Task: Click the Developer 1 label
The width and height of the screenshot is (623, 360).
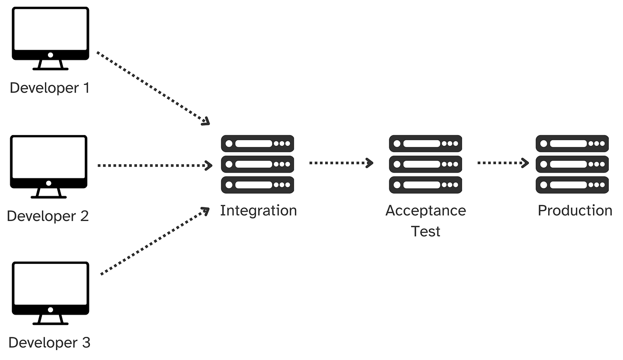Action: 50,88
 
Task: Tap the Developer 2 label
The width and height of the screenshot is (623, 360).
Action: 48,216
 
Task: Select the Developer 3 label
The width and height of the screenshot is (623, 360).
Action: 50,343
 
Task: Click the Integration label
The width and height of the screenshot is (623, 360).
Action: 258,211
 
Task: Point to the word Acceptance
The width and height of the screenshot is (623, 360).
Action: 425,211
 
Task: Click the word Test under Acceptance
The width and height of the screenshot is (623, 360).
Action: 425,232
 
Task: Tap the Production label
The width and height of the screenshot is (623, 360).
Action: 575,210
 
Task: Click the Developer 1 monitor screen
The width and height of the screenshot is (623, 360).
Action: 50,30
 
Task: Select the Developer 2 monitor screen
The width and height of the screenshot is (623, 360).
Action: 49,158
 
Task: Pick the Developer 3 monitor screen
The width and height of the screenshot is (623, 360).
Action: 50,284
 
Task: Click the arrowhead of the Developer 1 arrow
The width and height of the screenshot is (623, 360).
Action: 206,121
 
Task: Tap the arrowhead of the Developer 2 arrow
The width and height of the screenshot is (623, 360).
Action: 209,165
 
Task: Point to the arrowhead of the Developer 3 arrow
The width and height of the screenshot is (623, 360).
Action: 206,211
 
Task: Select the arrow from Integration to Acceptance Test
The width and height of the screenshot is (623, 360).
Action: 341,163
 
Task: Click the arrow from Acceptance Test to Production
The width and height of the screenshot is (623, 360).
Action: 503,163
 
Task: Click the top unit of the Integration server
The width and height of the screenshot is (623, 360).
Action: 258,144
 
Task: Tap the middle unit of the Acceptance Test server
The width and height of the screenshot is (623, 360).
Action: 425,164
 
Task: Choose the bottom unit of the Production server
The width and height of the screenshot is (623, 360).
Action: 572,185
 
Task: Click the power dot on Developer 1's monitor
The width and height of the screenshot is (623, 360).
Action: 50,55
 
